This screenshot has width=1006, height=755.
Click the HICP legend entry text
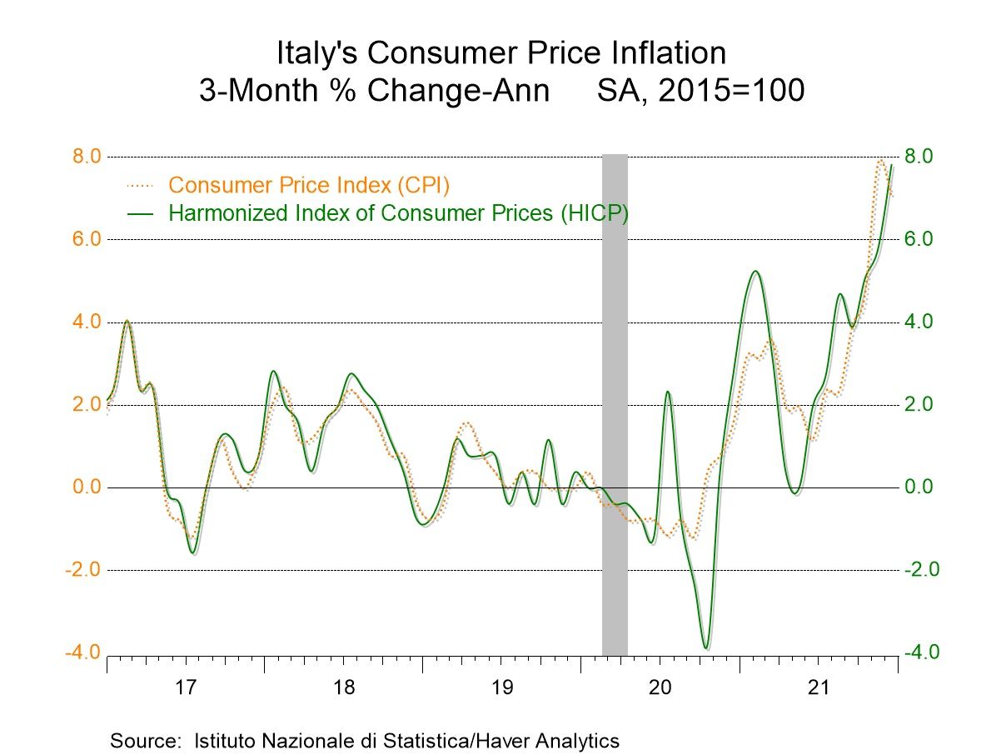[x=398, y=212]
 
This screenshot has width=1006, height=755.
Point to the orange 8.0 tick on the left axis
[x=82, y=157]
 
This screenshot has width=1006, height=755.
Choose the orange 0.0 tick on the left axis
[x=82, y=487]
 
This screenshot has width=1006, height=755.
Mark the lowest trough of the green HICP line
[x=706, y=647]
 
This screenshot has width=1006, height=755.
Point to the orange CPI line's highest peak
[x=881, y=161]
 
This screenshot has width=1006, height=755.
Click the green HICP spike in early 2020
[x=668, y=392]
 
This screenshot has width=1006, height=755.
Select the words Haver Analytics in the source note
[x=552, y=740]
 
